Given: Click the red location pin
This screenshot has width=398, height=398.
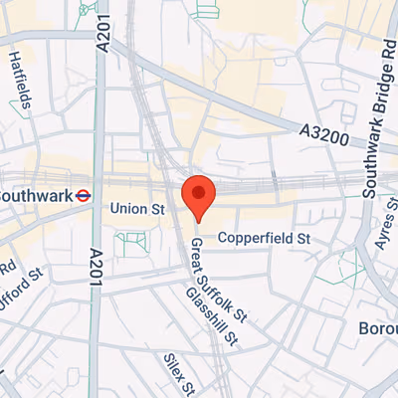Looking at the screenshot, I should [x=198, y=196].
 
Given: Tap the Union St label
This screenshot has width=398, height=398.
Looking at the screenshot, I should [x=137, y=209].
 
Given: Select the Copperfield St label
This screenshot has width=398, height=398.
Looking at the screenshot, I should [x=265, y=239].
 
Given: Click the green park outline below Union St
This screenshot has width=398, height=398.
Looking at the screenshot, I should [x=130, y=244].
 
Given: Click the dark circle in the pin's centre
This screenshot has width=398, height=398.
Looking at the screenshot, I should [x=198, y=191].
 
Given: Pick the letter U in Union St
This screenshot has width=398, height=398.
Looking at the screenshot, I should [x=116, y=209].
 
